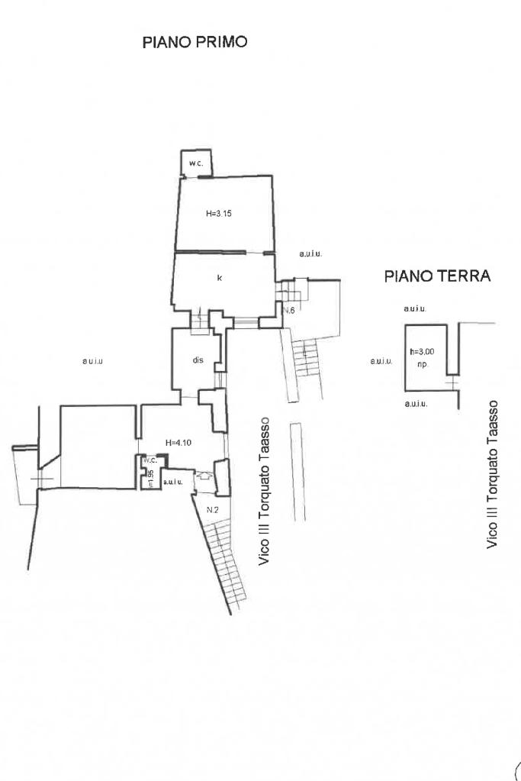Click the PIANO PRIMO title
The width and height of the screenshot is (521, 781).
pos(195,42)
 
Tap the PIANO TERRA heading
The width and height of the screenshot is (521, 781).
pos(436,276)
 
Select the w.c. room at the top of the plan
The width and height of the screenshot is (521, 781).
pos(195,163)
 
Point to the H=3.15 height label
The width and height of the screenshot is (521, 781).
pos(219,215)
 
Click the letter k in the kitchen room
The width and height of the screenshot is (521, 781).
pos(220,278)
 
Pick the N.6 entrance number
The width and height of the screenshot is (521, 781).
pos(289,311)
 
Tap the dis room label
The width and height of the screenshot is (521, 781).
pos(198,360)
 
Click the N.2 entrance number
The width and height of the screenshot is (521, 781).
pos(214,509)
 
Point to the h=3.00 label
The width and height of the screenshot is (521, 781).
pos(422,351)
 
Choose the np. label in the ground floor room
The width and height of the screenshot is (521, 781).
pos(423,364)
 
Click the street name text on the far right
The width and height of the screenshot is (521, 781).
pos(493,473)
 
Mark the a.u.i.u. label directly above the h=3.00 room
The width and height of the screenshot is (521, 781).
pos(414,309)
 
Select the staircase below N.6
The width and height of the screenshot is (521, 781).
pos(306,358)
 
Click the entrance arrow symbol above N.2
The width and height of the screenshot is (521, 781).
pos(204,475)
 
